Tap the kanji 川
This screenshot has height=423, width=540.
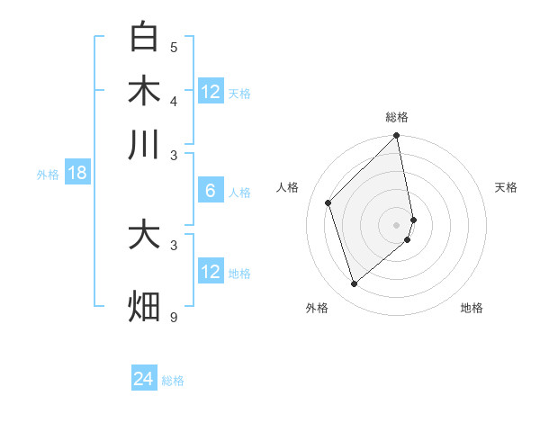click(144, 145)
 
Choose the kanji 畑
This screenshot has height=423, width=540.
click(144, 306)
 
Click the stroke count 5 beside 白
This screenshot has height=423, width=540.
click(174, 47)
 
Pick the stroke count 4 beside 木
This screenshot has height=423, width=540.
click(174, 100)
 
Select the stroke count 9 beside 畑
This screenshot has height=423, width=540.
click(174, 317)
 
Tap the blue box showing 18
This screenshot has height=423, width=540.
click(76, 173)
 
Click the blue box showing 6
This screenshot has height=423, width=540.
click(211, 191)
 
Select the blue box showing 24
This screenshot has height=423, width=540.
click(143, 379)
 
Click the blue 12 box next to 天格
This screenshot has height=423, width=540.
click(211, 92)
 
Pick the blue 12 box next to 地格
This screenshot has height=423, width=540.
click(211, 272)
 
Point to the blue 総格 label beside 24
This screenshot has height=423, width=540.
click(173, 381)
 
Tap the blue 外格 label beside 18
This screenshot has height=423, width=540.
click(48, 175)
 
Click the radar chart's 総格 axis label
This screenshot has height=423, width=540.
click(397, 117)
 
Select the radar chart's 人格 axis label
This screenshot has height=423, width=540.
click(288, 187)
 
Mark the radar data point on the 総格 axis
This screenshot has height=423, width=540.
click(397, 137)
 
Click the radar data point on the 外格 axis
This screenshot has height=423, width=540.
click(354, 284)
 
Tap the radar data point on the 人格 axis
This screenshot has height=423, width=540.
click(328, 202)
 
